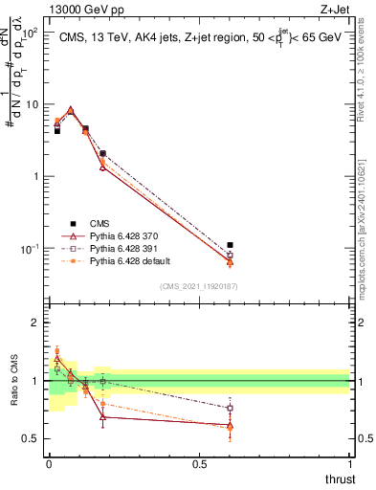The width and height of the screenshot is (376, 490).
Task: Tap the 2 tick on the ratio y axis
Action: [x=34, y=323]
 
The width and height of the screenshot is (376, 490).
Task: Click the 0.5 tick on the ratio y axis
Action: [x=32, y=438]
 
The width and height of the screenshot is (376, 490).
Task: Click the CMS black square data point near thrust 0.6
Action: [x=230, y=245]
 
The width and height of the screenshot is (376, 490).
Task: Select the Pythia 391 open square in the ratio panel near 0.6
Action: [x=230, y=408]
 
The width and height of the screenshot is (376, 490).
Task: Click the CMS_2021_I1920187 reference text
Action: [x=198, y=286]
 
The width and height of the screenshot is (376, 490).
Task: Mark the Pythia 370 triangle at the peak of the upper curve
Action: [x=71, y=110]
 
